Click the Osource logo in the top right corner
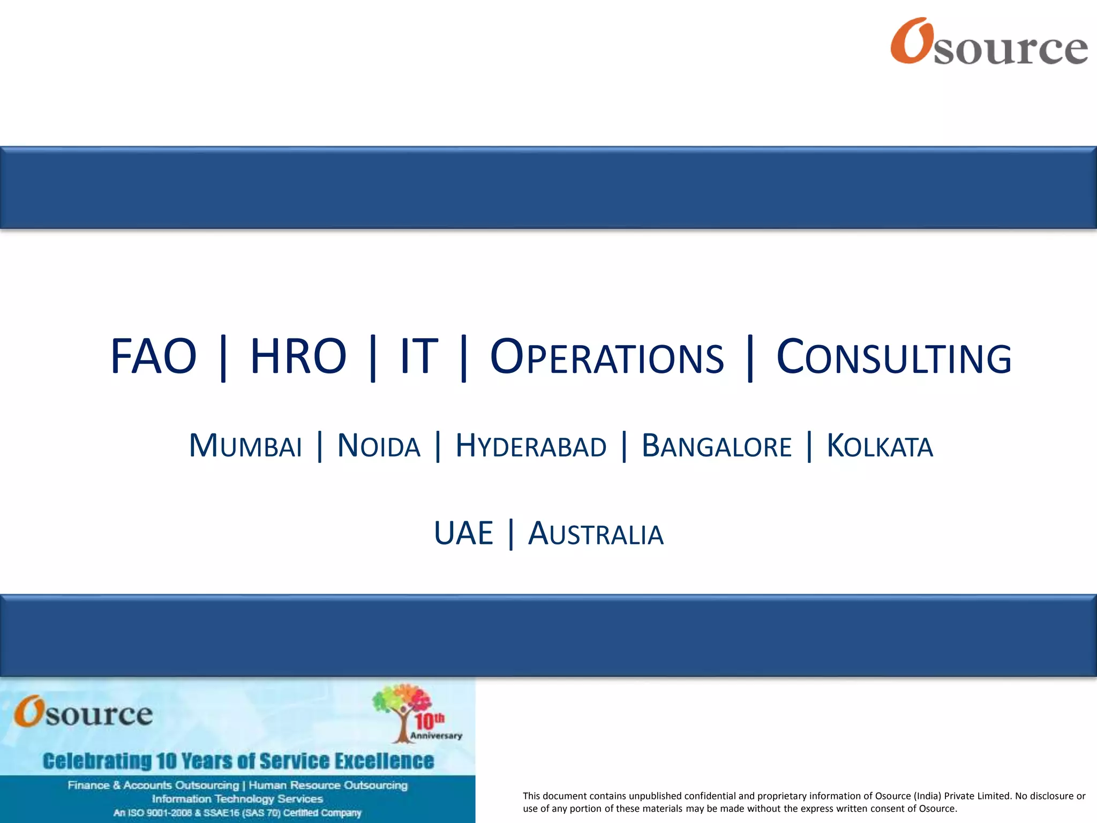(989, 42)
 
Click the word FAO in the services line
(154, 357)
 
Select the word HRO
(298, 357)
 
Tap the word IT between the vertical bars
(419, 357)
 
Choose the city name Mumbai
(245, 446)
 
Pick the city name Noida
(379, 446)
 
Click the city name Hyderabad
(531, 446)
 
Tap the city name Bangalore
(716, 446)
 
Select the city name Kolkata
(880, 446)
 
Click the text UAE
(463, 534)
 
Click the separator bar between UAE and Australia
(511, 534)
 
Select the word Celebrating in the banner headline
(97, 761)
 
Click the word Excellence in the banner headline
(381, 761)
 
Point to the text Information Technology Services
(237, 799)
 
